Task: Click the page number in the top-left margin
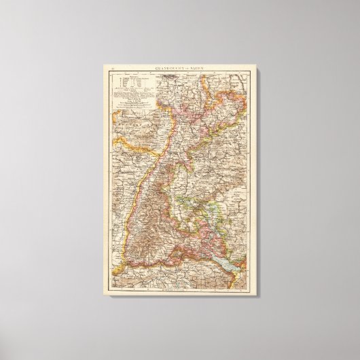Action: click(113, 69)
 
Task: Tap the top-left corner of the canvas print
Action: click(105, 65)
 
